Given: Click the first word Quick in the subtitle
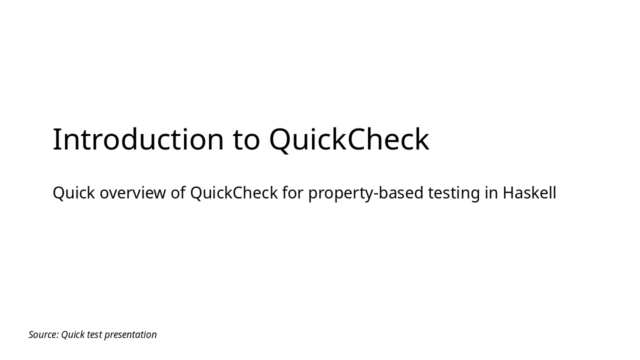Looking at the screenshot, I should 73,193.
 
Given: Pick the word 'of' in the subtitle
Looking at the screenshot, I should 178,193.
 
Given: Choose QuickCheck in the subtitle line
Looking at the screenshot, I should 233,193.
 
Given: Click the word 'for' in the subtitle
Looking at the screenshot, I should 292,193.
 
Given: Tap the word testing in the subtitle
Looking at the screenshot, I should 454,193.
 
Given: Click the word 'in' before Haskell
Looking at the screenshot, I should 491,193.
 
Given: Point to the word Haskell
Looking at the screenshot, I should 529,193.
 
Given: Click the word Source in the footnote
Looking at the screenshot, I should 42,335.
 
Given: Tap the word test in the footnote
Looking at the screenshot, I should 94,335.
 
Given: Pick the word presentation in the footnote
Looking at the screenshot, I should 130,335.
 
